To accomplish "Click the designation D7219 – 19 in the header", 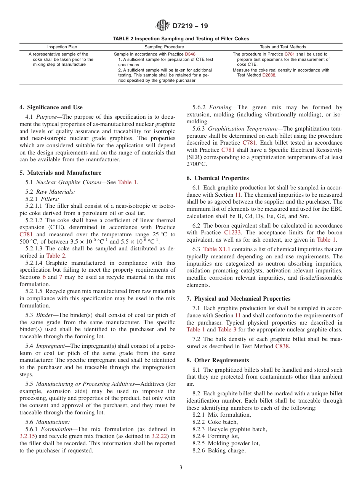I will coord(190,26).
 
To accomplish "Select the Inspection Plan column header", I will coord(62,47).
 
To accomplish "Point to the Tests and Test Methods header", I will coord(283,47).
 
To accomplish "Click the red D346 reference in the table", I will coord(190,54).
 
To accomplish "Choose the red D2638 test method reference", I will coord(269,75).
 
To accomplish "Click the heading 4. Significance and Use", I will coord(51,107).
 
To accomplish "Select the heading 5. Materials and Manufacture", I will coord(60,173).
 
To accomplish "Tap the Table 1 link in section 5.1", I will coord(127,182).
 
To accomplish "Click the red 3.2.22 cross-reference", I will coord(159,436).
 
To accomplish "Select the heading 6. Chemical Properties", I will coord(218,178).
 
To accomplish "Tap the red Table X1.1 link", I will coord(215,249).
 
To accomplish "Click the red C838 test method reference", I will coord(282,346).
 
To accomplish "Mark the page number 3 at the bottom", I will coord(181,468).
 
